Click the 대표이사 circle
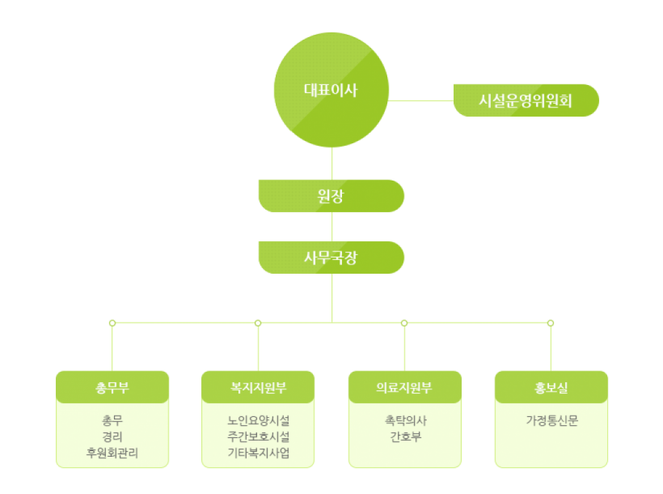point(331,90)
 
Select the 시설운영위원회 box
point(526,100)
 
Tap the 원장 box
point(331,196)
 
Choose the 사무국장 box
point(331,258)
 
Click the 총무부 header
point(112,387)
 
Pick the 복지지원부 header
point(258,387)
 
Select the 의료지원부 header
point(404,387)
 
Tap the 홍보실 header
point(551,387)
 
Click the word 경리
point(112,437)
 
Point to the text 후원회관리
point(112,454)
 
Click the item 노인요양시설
point(258,421)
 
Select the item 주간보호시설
point(258,437)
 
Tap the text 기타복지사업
point(258,454)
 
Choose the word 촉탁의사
point(404,421)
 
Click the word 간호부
point(404,437)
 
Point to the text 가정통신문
point(551,421)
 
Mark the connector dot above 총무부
point(112,323)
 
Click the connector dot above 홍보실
point(551,323)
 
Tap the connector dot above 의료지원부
point(404,323)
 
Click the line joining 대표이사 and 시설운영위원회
point(420,100)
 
